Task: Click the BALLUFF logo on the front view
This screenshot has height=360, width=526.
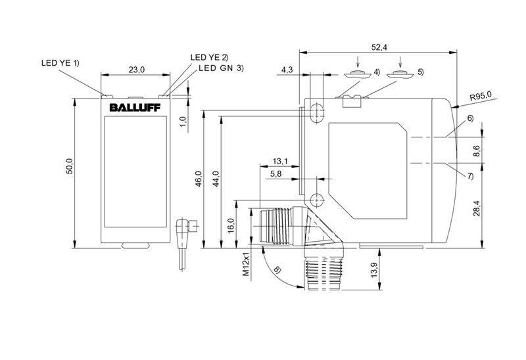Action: tap(135, 107)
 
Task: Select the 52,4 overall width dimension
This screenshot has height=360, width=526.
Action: tap(379, 47)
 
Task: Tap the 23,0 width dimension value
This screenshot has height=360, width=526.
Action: tap(137, 70)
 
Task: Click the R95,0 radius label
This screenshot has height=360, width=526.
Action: tap(481, 96)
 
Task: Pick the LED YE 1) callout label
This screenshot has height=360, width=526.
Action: tap(60, 62)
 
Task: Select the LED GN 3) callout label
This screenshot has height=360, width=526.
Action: tap(221, 68)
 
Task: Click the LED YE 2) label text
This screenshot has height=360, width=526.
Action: tap(209, 57)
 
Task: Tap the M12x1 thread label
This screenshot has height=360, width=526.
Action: tap(246, 264)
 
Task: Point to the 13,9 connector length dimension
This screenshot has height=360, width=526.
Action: tap(374, 269)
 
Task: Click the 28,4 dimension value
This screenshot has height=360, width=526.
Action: tap(477, 208)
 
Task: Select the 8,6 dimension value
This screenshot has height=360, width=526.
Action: tap(477, 151)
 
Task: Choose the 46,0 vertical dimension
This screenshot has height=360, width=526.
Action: tap(199, 179)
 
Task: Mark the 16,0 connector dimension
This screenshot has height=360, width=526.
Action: tap(231, 225)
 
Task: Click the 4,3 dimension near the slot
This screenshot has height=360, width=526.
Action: tap(287, 70)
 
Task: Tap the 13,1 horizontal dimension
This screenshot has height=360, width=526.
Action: tap(280, 161)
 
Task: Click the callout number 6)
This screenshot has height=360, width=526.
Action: tap(470, 118)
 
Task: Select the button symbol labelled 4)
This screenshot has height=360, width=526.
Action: tap(358, 74)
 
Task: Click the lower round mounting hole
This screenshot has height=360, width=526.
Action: tap(316, 200)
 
